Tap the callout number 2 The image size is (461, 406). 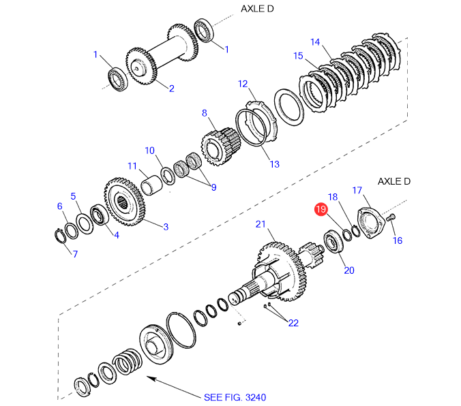coord(172,88)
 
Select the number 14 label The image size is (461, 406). coord(315,42)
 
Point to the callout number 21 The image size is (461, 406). coord(261,223)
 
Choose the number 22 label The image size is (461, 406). coord(293,323)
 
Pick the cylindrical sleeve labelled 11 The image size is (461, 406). coord(154,185)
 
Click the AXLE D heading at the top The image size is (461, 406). coord(256,8)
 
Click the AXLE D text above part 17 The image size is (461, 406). coord(395,181)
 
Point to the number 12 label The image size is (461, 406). coord(243,84)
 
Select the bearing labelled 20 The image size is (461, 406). coord(334,242)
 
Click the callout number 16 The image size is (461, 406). coord(398,240)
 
